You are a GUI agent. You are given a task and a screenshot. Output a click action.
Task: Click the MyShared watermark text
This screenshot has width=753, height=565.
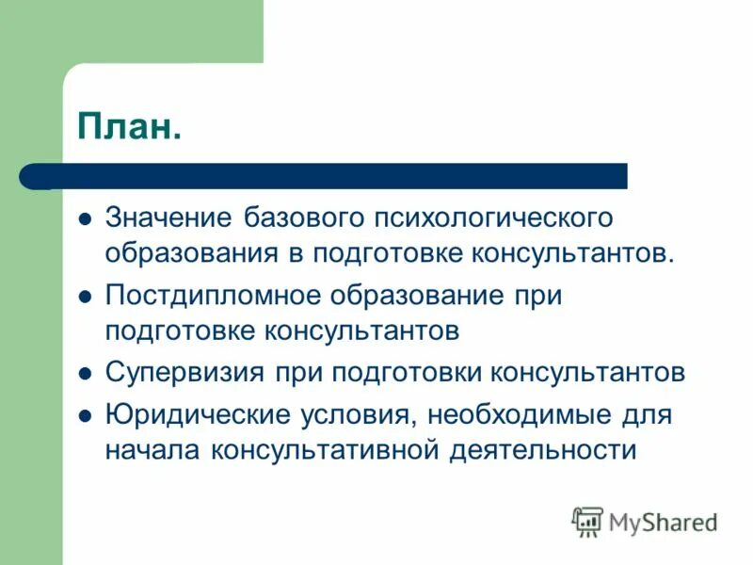click(664, 521)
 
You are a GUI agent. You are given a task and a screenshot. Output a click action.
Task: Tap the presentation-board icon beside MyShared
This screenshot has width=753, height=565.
click(588, 521)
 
